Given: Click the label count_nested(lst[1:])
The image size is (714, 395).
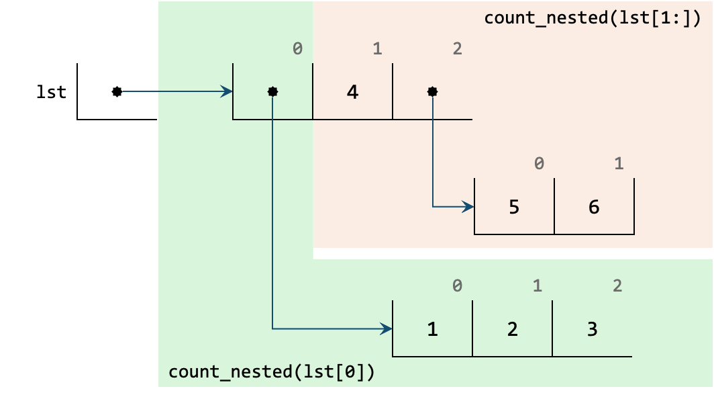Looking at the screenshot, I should point(592,17).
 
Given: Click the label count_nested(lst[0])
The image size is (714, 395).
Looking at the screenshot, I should point(271,371).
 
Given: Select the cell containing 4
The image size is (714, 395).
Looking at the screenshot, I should point(352,91).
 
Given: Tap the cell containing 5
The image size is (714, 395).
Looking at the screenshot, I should point(514,207).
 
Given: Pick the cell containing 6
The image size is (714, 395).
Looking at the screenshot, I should point(594,207).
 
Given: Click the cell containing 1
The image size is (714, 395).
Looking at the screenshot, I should point(432,329).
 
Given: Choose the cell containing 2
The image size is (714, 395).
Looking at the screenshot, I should point(512,329).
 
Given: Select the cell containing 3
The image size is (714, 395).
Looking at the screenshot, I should point(591,329).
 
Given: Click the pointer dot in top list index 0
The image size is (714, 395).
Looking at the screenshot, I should point(272,91).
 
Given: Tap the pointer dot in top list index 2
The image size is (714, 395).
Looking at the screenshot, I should point(432,91).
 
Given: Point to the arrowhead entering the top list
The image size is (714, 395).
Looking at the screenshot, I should point(227,91).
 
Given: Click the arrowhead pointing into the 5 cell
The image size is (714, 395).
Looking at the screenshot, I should point(468,207).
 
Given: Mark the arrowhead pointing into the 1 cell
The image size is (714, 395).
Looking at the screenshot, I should point(387,329).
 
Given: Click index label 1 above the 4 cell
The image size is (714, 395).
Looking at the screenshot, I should point(377,49).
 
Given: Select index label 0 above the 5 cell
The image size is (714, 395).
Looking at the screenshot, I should point(539,164).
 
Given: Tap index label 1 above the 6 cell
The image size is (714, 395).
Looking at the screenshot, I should point(619,164).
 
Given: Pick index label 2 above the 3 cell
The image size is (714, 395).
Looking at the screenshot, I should point(617,286).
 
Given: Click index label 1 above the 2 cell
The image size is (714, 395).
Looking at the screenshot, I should point(537,286).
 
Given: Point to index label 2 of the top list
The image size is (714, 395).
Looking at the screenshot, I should point(457,49).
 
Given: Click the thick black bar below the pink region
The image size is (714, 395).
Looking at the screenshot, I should point(513,253).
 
